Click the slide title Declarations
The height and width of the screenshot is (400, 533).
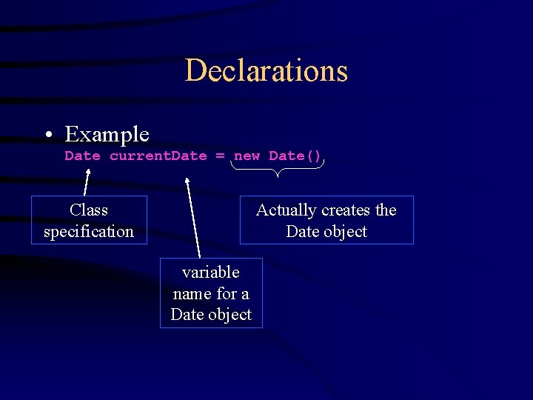pyautogui.click(x=266, y=70)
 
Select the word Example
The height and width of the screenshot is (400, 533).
pyautogui.click(x=107, y=134)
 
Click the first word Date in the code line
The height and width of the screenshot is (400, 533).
pyautogui.click(x=82, y=156)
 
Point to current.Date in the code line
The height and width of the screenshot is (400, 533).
pyautogui.click(x=158, y=156)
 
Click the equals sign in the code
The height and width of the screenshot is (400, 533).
pyautogui.click(x=220, y=156)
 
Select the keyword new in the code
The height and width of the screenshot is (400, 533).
pyautogui.click(x=247, y=156)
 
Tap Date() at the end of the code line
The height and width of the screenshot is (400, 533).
pyautogui.click(x=295, y=156)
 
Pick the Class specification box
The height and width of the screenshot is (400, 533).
pyautogui.click(x=89, y=220)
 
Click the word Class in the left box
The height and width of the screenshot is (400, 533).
pyautogui.click(x=89, y=210)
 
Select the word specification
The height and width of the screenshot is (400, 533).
pyautogui.click(x=89, y=231)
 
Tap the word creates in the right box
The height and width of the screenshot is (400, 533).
pyautogui.click(x=345, y=210)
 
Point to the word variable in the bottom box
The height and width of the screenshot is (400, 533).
pyautogui.click(x=211, y=273)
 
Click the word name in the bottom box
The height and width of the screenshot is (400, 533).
pyautogui.click(x=190, y=293)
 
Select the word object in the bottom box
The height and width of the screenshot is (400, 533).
pyautogui.click(x=229, y=314)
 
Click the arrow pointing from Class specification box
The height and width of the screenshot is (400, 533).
pyautogui.click(x=87, y=181)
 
